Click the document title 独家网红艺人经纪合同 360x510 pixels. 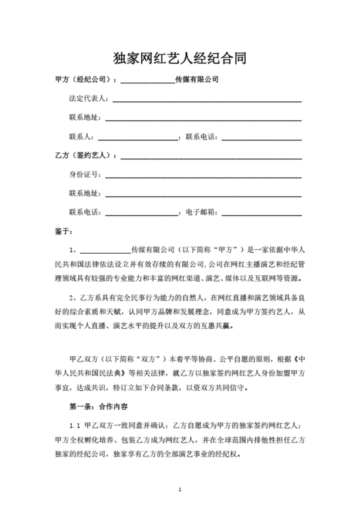click(x=180, y=58)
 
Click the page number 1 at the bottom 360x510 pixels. click(x=180, y=489)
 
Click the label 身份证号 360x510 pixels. click(x=85, y=175)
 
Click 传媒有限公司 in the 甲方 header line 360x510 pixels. click(x=197, y=80)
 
